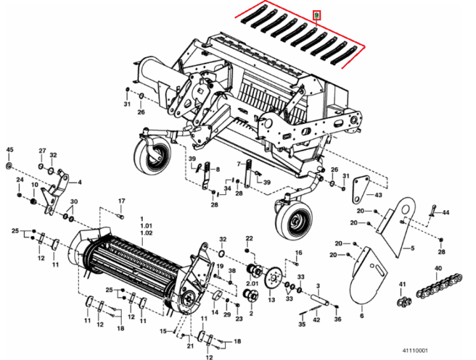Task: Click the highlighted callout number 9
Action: tap(317, 14)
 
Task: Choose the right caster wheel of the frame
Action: tap(294, 219)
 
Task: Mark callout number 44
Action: tap(446, 212)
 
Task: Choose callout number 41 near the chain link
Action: tap(402, 283)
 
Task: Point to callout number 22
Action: tap(249, 238)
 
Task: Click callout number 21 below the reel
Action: tap(190, 345)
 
